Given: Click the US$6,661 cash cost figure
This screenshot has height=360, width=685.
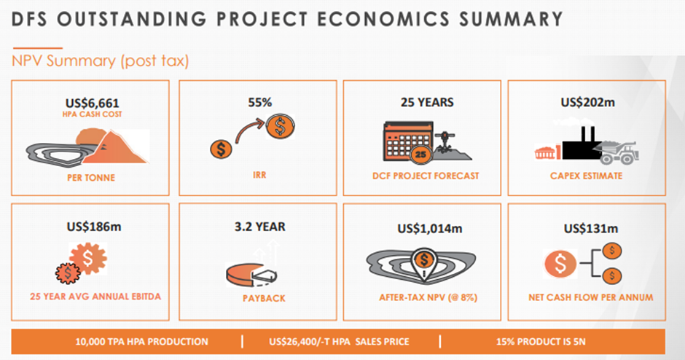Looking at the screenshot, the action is coord(92,103).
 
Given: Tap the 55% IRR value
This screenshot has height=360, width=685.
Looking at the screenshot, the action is coord(260,102).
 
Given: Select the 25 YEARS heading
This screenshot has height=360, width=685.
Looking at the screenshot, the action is coord(427,102).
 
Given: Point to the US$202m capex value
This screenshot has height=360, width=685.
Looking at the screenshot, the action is coord(587,102).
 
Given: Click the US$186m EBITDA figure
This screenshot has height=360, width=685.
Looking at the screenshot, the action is coord(94,227).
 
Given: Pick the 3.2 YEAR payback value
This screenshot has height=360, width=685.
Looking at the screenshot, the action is coord(260,227).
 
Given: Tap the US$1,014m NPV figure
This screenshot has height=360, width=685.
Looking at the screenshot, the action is coord(429,229).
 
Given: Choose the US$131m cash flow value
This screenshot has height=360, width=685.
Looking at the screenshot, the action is coord(591,229).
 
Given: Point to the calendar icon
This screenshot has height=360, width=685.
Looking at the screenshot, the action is coord(408,141).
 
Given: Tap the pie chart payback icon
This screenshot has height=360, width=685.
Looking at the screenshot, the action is coord(251,274).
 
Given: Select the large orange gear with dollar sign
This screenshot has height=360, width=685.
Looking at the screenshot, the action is coord(87,258).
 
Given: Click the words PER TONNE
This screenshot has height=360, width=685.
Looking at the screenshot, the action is coord(91,178).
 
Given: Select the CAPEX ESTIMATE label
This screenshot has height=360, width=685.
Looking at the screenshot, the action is coord(587,176).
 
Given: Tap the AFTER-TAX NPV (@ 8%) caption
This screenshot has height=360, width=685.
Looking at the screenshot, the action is coord(428,297).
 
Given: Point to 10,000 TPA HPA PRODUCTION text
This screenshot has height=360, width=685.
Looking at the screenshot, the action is coord(141,342).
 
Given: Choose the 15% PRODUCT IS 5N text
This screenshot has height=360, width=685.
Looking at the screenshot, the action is coord(541,342).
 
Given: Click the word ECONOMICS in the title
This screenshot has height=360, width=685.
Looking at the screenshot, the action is coord(383,20).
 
